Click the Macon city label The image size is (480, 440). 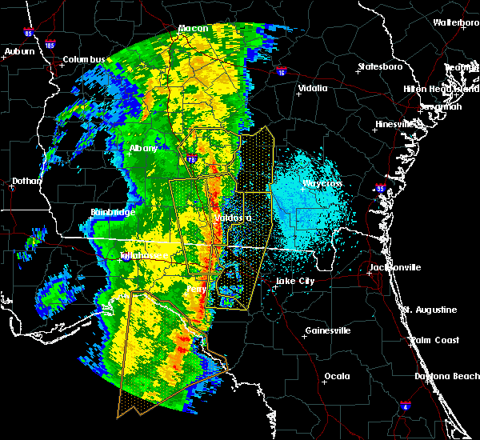(193, 29)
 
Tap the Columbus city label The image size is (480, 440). (85, 59)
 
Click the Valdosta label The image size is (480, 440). (233, 218)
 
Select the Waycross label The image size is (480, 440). (322, 183)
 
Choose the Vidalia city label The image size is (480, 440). (313, 88)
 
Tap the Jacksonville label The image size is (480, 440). (395, 267)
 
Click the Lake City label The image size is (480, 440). (295, 281)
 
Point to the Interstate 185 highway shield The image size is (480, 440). (50, 44)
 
